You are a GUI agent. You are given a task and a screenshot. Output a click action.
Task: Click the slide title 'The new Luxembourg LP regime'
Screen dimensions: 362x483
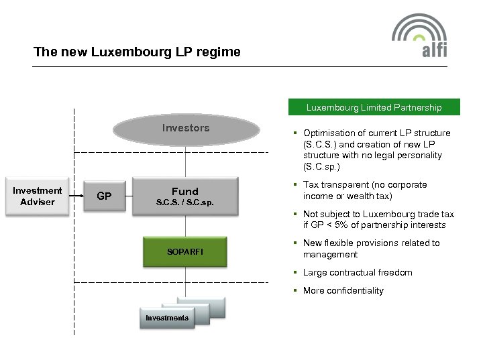[x=137, y=52]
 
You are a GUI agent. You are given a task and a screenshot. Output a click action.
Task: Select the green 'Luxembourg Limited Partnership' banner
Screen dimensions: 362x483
[x=374, y=107]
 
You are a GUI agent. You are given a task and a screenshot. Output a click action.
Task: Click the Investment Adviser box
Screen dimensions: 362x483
[x=38, y=196]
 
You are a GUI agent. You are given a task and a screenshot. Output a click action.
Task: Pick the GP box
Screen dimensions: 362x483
[x=104, y=196]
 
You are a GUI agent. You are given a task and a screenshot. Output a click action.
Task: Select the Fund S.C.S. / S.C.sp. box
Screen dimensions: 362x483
[x=185, y=196]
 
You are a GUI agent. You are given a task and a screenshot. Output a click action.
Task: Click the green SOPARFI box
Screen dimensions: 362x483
[x=185, y=252]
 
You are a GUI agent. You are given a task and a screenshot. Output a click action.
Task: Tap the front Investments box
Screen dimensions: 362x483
[x=167, y=318]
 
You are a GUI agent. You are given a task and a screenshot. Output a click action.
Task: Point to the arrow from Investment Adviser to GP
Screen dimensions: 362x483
[x=76, y=196]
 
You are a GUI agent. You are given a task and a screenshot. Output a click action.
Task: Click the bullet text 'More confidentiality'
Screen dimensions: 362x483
[x=343, y=291]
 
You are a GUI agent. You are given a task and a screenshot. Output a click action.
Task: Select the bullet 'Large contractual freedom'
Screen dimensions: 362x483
[x=358, y=273]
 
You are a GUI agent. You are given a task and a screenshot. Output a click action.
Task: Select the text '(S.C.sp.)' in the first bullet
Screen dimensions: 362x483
[x=321, y=166]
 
